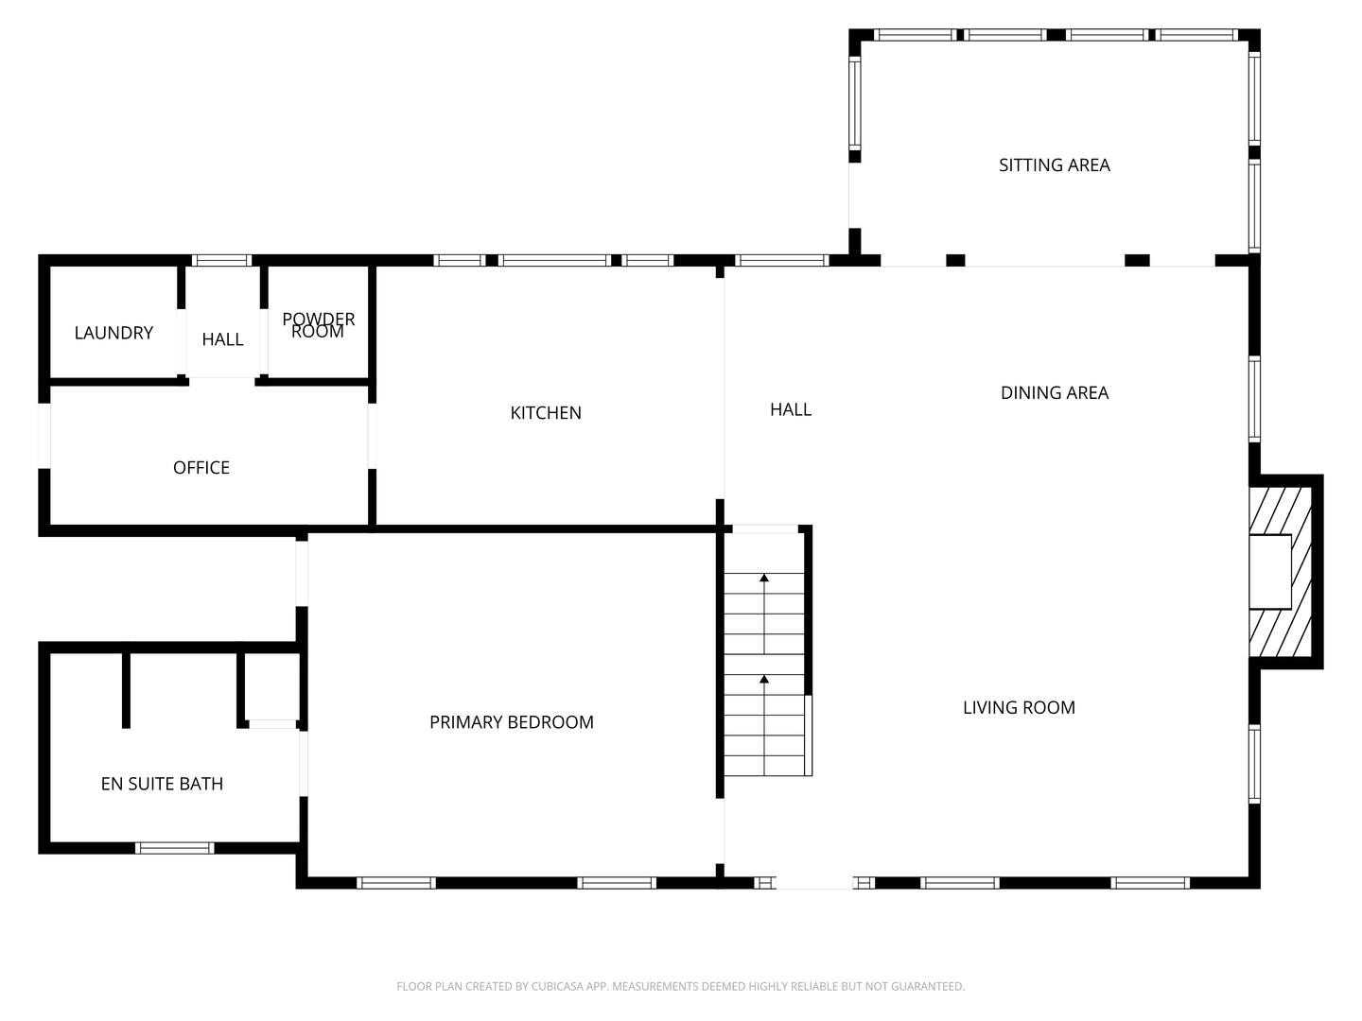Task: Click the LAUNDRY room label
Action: pyautogui.click(x=113, y=333)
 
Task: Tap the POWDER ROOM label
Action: pyautogui.click(x=319, y=325)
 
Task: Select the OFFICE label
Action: pyautogui.click(x=201, y=468)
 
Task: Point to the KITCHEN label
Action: pyautogui.click(x=546, y=413)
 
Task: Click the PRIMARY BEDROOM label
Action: pyautogui.click(x=512, y=722)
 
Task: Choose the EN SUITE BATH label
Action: pyautogui.click(x=162, y=784)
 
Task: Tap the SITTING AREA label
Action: pyautogui.click(x=1055, y=165)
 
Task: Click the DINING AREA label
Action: pyautogui.click(x=1055, y=393)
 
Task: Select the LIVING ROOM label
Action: pyautogui.click(x=1019, y=708)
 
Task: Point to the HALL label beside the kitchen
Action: pyautogui.click(x=791, y=409)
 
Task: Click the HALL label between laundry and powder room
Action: pyautogui.click(x=222, y=339)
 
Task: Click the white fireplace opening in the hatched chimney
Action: pyautogui.click(x=1270, y=572)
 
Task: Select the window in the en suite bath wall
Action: pyautogui.click(x=175, y=848)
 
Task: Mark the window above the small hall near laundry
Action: pyautogui.click(x=221, y=260)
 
